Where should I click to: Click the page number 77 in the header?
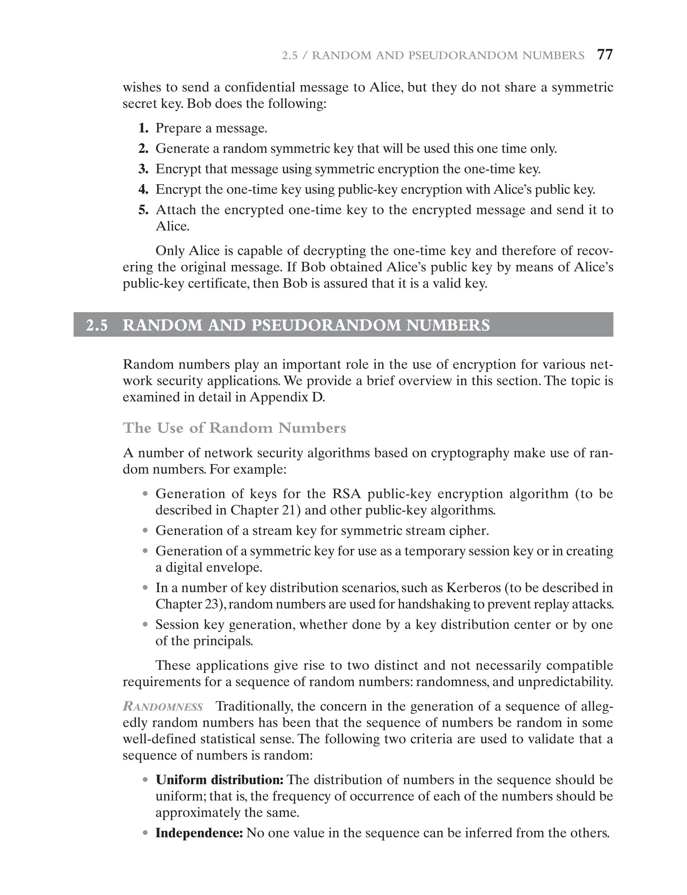(605, 55)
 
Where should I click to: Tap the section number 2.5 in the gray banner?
(97, 325)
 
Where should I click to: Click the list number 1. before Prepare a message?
(143, 128)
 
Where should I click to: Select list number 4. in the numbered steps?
(143, 190)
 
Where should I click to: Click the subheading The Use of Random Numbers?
(234, 428)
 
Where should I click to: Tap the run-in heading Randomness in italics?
(163, 707)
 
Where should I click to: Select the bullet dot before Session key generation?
(145, 625)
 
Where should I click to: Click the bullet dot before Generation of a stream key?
(145, 531)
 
